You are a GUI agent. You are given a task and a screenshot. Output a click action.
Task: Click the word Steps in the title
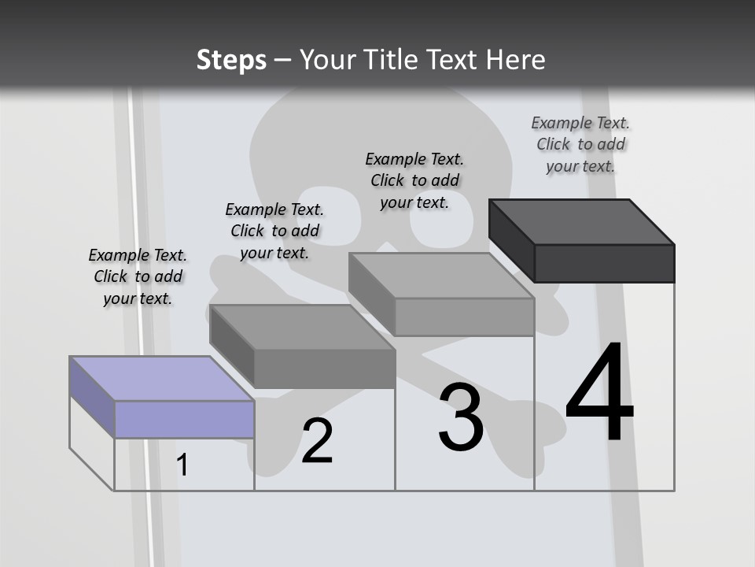(230, 60)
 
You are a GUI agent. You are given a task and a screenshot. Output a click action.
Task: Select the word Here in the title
(515, 60)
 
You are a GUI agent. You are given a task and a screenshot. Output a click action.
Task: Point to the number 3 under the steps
(461, 417)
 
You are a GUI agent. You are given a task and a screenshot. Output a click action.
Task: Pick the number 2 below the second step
(317, 442)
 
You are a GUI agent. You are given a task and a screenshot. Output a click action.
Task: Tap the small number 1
(182, 465)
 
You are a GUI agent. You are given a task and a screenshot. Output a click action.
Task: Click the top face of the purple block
(161, 378)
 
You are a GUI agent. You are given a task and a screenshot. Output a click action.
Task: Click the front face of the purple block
(184, 419)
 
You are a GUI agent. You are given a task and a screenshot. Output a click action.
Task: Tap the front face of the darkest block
(604, 263)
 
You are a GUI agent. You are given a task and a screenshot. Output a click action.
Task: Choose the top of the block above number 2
(302, 327)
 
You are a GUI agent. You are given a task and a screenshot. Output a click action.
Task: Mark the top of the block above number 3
(441, 275)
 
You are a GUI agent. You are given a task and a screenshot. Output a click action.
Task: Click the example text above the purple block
(138, 276)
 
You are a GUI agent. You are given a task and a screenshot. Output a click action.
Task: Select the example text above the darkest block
(580, 144)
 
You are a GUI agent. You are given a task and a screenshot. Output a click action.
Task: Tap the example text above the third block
(414, 180)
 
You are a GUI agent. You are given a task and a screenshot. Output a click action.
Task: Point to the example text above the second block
(274, 231)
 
